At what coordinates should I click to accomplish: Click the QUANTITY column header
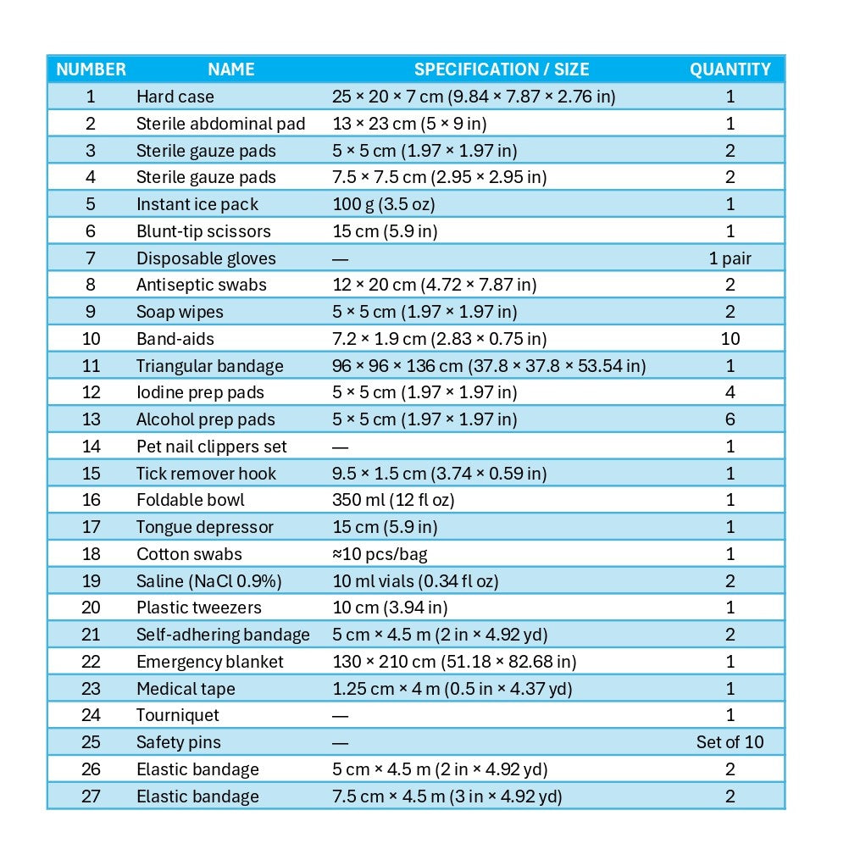730,69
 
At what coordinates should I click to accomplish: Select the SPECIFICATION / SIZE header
501,69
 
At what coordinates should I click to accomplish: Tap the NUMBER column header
91,69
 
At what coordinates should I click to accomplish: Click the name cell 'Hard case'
175,97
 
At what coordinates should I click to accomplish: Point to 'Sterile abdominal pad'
220,124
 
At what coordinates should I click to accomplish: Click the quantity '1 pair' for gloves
730,258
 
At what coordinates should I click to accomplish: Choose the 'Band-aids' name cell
175,339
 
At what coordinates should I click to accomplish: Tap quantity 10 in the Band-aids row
730,339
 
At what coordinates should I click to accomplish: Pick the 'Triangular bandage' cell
210,366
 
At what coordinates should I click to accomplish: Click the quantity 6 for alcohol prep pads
730,419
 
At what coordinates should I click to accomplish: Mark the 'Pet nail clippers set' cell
212,447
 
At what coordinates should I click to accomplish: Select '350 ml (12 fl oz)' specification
393,500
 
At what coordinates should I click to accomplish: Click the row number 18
91,554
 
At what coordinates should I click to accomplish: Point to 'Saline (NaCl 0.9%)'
208,581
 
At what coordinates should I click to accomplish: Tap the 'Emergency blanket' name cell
210,662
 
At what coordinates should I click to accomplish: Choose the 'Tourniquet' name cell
178,715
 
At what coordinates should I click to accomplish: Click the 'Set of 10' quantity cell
730,742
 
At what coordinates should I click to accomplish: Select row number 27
91,796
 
